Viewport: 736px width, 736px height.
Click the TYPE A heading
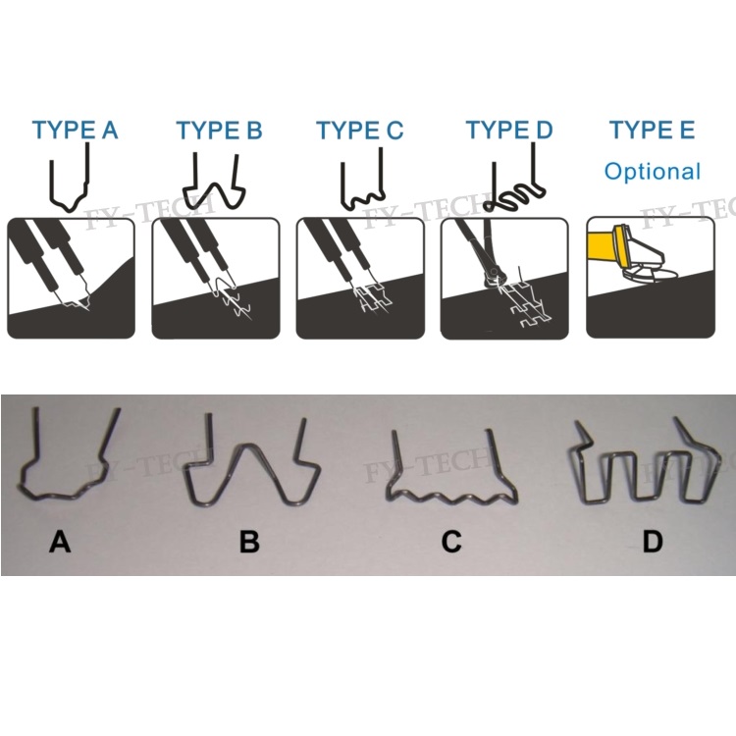pyautogui.click(x=75, y=130)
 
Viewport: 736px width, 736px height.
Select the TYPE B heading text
pyautogui.click(x=219, y=130)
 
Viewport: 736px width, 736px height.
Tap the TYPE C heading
pyautogui.click(x=359, y=130)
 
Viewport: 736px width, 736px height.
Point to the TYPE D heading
pyautogui.click(x=509, y=130)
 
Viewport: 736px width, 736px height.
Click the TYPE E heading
pyautogui.click(x=652, y=130)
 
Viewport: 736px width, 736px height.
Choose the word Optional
pyautogui.click(x=653, y=172)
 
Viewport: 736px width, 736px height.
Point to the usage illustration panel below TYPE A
pyautogui.click(x=71, y=278)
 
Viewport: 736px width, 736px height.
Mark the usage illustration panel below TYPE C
pyautogui.click(x=360, y=278)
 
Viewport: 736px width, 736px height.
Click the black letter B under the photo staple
pyautogui.click(x=249, y=542)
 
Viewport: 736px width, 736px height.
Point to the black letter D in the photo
pyautogui.click(x=653, y=542)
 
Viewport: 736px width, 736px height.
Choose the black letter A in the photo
pyautogui.click(x=60, y=542)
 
